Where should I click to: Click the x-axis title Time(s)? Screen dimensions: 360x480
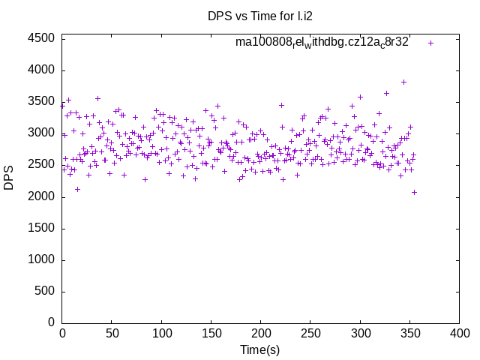point(260,349)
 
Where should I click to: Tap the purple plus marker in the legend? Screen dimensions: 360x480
point(430,43)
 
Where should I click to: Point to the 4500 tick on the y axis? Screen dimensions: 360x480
point(41,39)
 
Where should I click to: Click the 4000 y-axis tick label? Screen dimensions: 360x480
point(41,70)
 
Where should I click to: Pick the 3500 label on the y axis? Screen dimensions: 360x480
point(41,102)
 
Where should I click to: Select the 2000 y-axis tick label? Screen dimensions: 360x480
point(41,196)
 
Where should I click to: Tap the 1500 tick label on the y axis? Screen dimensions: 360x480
point(41,228)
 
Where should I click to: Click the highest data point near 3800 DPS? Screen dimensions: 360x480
point(403,82)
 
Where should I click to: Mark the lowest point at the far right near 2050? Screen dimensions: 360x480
point(414,192)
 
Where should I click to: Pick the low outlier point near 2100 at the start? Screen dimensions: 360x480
point(77,189)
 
